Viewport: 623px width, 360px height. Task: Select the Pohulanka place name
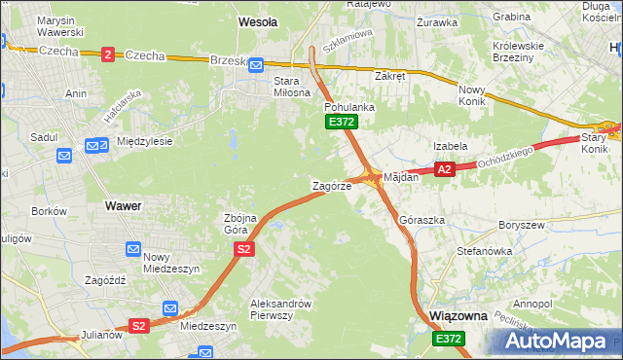point(344,106)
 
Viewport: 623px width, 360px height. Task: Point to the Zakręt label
point(389,75)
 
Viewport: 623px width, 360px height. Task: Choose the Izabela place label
point(451,146)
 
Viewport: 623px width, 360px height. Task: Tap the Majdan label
point(401,178)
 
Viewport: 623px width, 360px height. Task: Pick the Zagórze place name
point(331,185)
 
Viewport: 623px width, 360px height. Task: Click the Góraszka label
point(421,221)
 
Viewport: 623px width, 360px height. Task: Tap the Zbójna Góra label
point(240,223)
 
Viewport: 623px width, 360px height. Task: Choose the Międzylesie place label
point(144,141)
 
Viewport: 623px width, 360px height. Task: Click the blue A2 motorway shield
point(444,169)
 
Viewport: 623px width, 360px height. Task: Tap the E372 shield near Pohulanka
point(342,122)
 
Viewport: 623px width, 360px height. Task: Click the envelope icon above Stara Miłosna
point(255,65)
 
